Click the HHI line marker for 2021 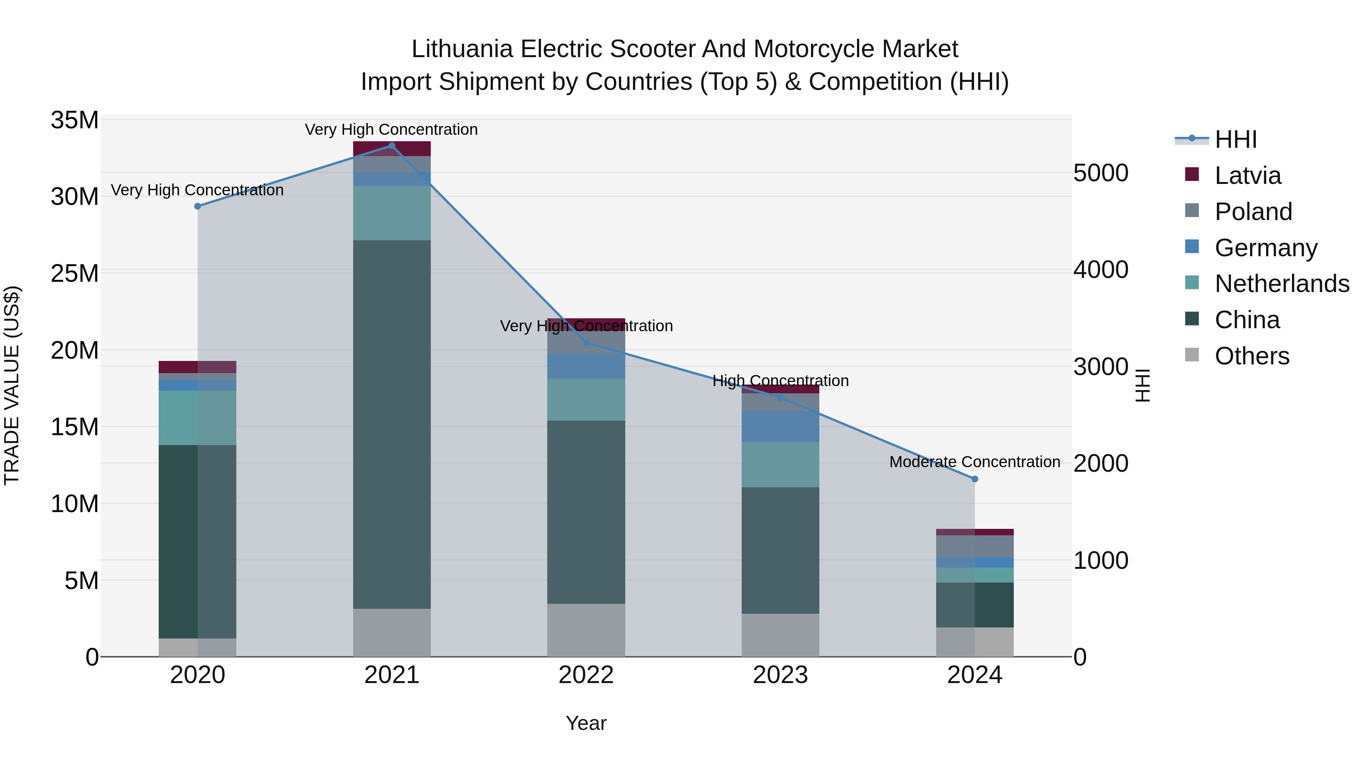[x=392, y=146]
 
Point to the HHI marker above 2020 [x=198, y=206]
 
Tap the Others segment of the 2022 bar [x=586, y=630]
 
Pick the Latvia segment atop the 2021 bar [x=392, y=149]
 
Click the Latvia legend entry [x=1248, y=176]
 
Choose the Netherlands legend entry [x=1282, y=284]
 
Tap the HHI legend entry [x=1235, y=139]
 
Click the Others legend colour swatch [x=1192, y=355]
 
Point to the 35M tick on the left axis [x=75, y=120]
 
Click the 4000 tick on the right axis [x=1100, y=270]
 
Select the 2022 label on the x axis [x=586, y=675]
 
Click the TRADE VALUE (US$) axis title [x=12, y=385]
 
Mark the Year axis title [x=586, y=723]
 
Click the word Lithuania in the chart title [x=462, y=49]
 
